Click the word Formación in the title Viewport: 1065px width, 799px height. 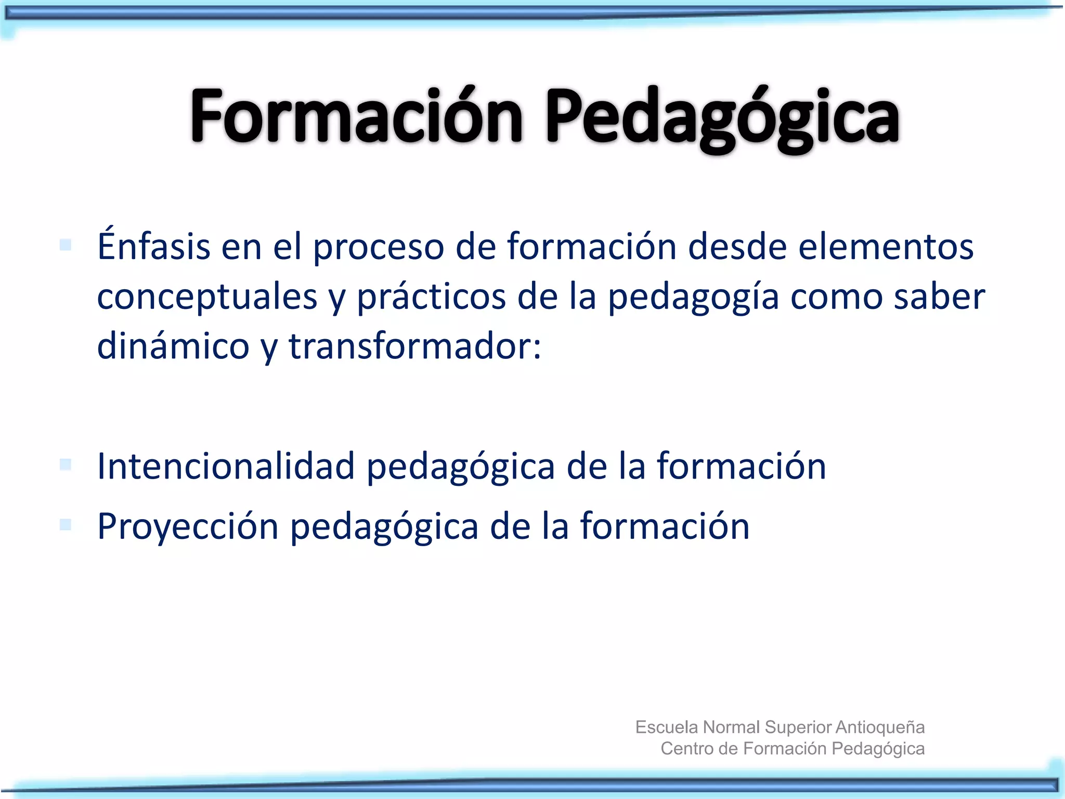pyautogui.click(x=356, y=115)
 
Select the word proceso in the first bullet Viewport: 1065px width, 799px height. pyautogui.click(x=378, y=248)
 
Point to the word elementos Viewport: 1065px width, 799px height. pyautogui.click(x=886, y=247)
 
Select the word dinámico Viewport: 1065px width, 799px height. pyautogui.click(x=173, y=346)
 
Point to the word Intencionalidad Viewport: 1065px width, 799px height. pyautogui.click(x=226, y=466)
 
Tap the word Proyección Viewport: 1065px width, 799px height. pyautogui.click(x=188, y=526)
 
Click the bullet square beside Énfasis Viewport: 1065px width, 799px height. pyautogui.click(x=66, y=244)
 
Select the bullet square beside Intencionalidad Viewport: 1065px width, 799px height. pyautogui.click(x=66, y=464)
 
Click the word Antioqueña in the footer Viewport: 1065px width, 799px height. pyautogui.click(x=879, y=727)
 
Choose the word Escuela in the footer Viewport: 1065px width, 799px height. pyautogui.click(x=667, y=727)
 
